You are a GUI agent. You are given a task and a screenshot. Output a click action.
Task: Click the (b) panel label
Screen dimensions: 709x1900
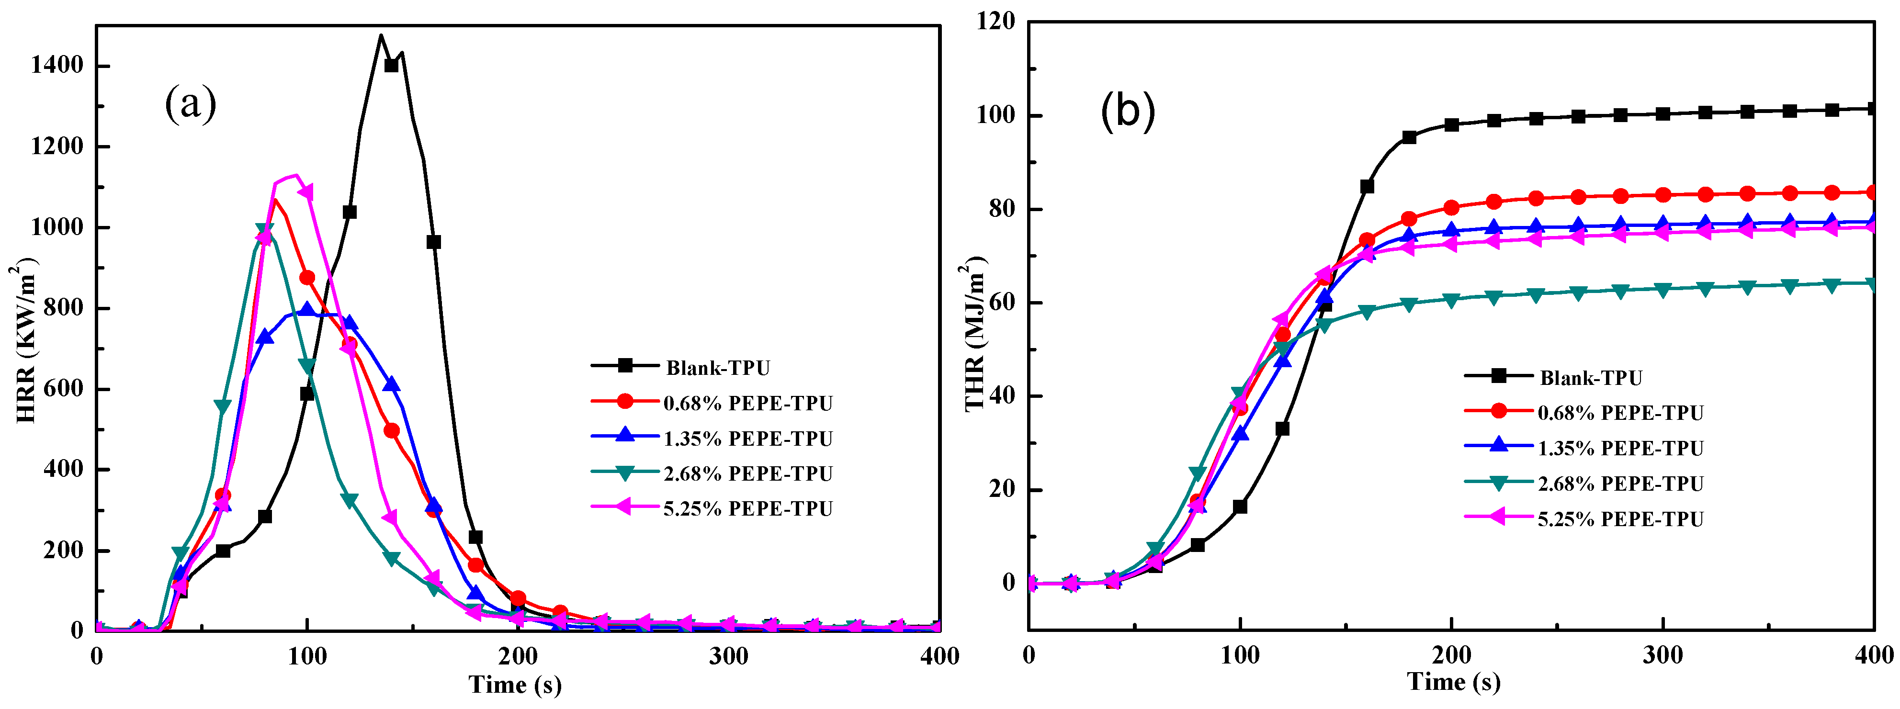point(1127,112)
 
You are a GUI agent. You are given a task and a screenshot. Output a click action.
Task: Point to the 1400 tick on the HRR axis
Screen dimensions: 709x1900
point(57,66)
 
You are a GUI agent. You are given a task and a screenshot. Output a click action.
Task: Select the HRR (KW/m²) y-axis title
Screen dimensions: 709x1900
point(26,340)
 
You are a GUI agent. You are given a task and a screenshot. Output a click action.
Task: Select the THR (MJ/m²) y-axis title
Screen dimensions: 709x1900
point(975,334)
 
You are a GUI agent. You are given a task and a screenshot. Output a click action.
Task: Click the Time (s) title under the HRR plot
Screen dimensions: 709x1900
point(515,685)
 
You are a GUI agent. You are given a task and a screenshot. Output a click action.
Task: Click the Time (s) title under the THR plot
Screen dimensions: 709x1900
point(1453,681)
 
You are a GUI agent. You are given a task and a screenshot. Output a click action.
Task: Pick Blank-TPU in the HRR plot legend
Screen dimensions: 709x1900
point(717,367)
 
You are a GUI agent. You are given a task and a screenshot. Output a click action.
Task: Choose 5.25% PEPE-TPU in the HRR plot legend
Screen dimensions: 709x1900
point(747,508)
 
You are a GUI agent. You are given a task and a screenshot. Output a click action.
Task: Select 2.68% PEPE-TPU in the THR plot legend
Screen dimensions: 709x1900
point(1620,484)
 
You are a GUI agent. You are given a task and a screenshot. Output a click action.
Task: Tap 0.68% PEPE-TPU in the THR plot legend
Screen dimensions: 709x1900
point(1620,413)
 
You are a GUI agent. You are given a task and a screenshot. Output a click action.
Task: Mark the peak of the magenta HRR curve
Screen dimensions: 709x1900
point(294,175)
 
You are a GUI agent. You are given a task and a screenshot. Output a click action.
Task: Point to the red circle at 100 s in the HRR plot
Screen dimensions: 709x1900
point(307,277)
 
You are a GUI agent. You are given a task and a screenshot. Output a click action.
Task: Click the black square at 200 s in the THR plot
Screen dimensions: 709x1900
point(1451,124)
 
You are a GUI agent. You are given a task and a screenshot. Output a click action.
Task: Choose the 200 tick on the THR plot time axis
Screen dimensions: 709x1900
point(1451,654)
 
